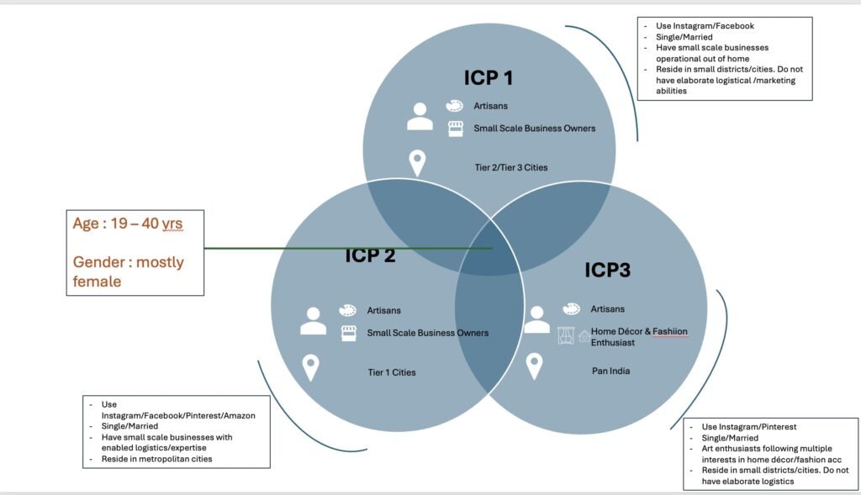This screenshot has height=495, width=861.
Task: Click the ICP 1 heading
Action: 489,78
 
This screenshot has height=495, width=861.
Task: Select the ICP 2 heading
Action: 370,255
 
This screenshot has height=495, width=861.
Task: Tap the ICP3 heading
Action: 607,270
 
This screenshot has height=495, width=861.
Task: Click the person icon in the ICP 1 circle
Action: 420,116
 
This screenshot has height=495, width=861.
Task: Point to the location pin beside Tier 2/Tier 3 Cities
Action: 417,163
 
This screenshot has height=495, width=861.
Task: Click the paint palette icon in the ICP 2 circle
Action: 347,311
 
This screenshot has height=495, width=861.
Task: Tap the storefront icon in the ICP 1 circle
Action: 455,129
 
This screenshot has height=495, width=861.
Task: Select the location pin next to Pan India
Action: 534,366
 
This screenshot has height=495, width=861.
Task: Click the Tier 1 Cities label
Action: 392,372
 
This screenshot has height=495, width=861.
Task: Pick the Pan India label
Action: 610,371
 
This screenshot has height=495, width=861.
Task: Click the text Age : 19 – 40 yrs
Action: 128,224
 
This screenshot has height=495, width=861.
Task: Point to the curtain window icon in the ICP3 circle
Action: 566,335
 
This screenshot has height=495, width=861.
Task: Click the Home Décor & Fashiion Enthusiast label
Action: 639,337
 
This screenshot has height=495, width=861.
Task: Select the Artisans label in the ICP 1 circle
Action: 490,106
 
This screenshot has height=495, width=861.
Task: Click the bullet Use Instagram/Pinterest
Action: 749,427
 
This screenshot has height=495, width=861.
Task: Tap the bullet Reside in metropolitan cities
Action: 156,459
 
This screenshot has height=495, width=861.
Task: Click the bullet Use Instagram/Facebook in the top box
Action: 705,26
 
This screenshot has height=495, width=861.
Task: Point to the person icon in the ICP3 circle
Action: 536,320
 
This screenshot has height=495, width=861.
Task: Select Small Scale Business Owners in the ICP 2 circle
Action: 428,333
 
